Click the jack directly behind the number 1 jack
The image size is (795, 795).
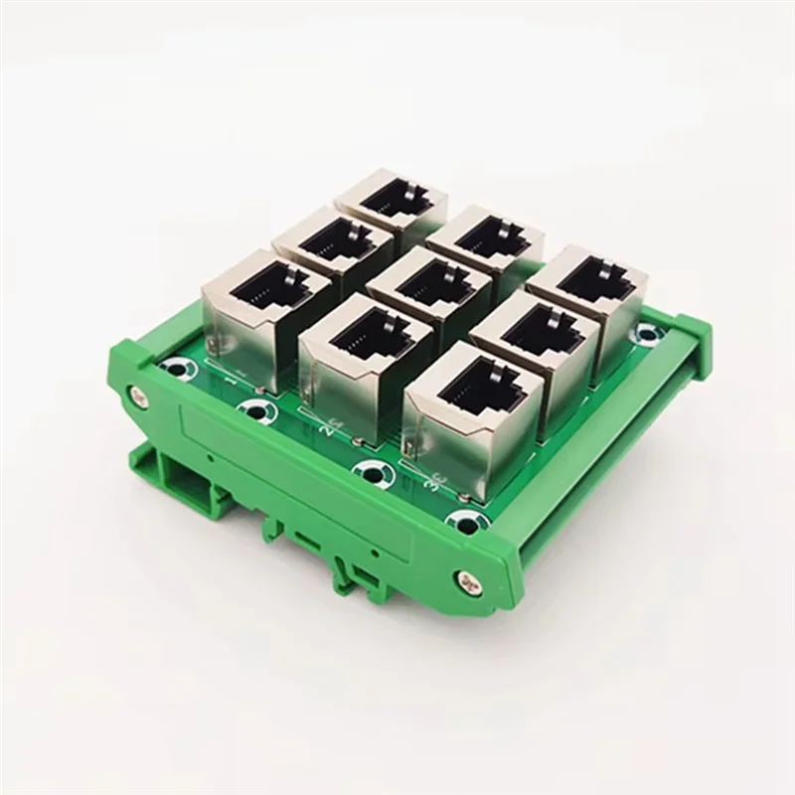coord(333,248)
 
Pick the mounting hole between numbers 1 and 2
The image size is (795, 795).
coord(256,410)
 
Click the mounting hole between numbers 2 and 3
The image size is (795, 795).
coord(371,472)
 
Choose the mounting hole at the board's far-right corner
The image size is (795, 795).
coord(653,332)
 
